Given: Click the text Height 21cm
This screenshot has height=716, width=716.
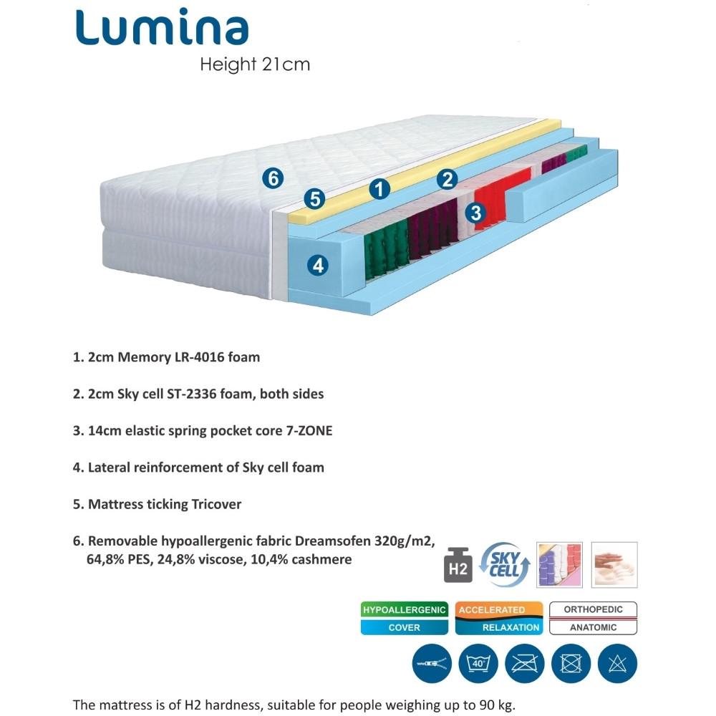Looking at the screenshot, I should (x=255, y=64).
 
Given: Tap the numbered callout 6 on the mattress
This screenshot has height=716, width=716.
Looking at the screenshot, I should (x=273, y=178).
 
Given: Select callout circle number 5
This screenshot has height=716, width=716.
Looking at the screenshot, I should (x=314, y=199).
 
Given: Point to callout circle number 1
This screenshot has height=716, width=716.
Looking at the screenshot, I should (x=379, y=189).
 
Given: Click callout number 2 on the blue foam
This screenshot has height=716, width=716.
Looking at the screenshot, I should (x=447, y=179).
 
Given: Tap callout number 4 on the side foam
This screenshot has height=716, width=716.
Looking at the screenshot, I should (x=318, y=266).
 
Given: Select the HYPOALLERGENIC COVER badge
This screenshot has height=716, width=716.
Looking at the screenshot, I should (x=404, y=619).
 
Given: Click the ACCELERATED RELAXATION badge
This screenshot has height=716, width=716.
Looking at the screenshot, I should (x=499, y=619).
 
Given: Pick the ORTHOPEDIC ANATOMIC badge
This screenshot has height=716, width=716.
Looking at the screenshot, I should (x=593, y=619).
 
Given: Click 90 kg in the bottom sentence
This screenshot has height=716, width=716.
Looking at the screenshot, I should (x=496, y=703).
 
